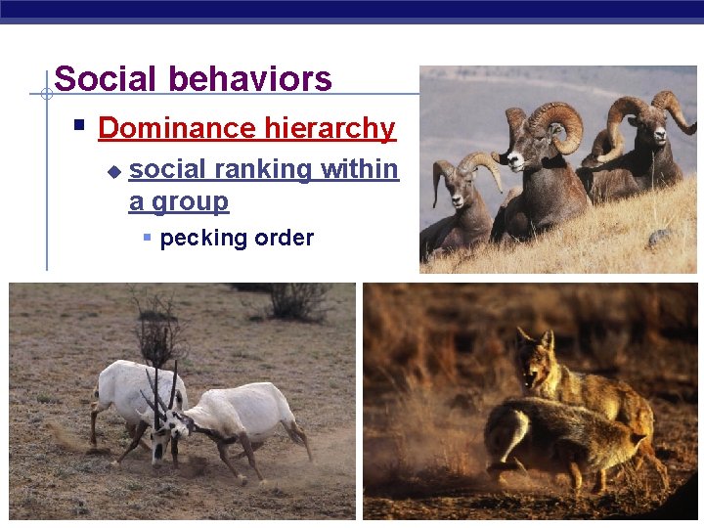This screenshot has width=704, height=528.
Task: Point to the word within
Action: pos(360,169)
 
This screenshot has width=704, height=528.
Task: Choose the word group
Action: pos(192,202)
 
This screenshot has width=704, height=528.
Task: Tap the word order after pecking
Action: pos(284,238)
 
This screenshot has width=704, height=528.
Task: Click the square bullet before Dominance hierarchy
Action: pos(79,126)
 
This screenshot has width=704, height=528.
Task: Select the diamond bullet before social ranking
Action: pos(113,171)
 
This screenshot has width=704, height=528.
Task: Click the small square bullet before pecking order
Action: pos(147,238)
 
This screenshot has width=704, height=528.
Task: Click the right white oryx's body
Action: pos(244,409)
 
